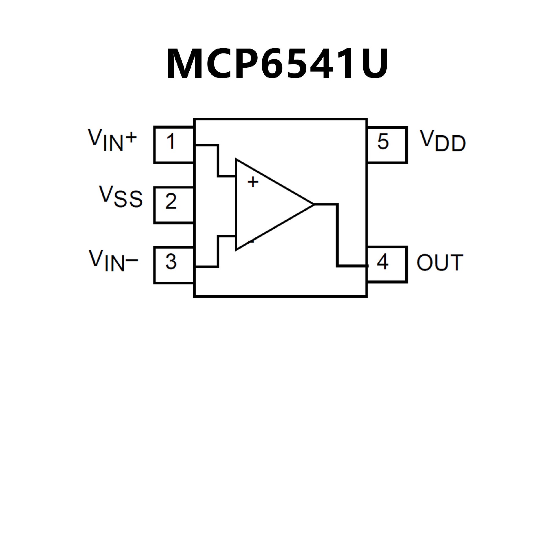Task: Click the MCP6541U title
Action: (277, 64)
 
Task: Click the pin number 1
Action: (171, 142)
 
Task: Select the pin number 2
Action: (171, 201)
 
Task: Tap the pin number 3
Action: (171, 262)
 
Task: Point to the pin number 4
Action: (383, 262)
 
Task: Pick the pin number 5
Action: (383, 142)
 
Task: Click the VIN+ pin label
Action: (112, 140)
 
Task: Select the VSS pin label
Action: (121, 197)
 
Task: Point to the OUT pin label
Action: (440, 263)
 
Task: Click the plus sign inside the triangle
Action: (253, 182)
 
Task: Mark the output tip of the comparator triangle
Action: (313, 204)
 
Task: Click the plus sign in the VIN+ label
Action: (131, 138)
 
